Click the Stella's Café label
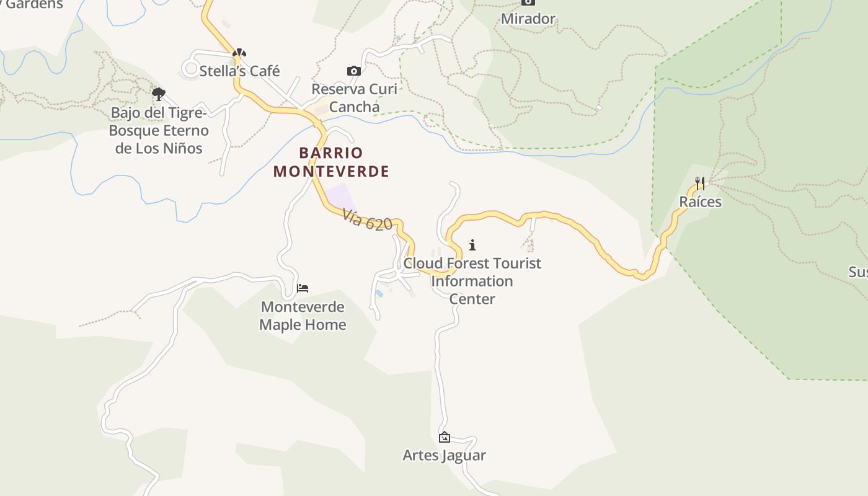tap(239, 71)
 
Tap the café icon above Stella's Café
tap(239, 53)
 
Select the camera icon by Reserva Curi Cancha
tap(354, 71)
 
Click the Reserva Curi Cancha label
tap(354, 98)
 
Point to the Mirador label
tap(528, 19)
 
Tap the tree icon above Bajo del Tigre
tap(159, 94)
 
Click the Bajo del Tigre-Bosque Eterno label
tap(159, 131)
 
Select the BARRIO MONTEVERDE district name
tap(332, 162)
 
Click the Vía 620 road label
tap(368, 219)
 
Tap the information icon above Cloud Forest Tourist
tap(472, 245)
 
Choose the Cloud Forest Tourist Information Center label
tap(472, 281)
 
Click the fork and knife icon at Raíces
tap(700, 183)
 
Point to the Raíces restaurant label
tap(700, 202)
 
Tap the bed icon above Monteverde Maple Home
tap(303, 288)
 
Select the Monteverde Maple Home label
tap(303, 316)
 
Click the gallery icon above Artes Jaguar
tap(444, 437)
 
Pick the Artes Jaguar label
tap(444, 456)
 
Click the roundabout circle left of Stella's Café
tap(190, 68)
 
